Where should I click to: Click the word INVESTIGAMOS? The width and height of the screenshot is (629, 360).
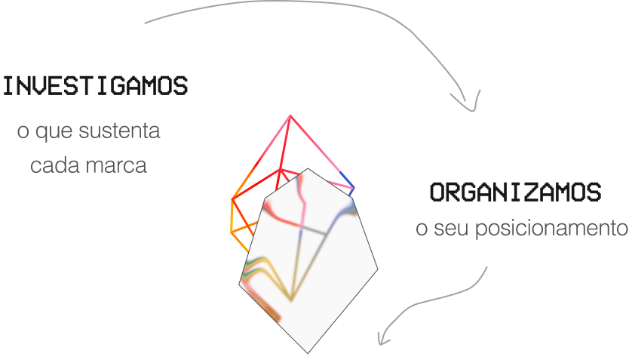pyautogui.click(x=96, y=86)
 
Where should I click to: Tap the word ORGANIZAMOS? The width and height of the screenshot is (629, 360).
pyautogui.click(x=515, y=192)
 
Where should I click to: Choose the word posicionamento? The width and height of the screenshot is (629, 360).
pyautogui.click(x=551, y=229)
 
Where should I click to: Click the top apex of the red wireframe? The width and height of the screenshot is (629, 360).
pyautogui.click(x=290, y=115)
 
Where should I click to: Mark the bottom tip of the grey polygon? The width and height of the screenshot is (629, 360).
pyautogui.click(x=308, y=353)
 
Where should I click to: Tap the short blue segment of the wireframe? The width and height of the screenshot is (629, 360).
pyautogui.click(x=348, y=180)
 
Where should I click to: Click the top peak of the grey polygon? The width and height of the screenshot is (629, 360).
pyautogui.click(x=308, y=168)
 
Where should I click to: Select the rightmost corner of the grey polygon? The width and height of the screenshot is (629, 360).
pyautogui.click(x=378, y=269)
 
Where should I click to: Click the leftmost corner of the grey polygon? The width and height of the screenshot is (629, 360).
pyautogui.click(x=239, y=285)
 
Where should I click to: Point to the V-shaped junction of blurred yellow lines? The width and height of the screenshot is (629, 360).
pyautogui.click(x=291, y=300)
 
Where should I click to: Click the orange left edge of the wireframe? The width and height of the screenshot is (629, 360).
pyautogui.click(x=232, y=216)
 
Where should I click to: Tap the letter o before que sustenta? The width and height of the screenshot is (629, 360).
pyautogui.click(x=23, y=132)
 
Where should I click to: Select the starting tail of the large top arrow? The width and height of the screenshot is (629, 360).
pyautogui.click(x=146, y=23)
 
